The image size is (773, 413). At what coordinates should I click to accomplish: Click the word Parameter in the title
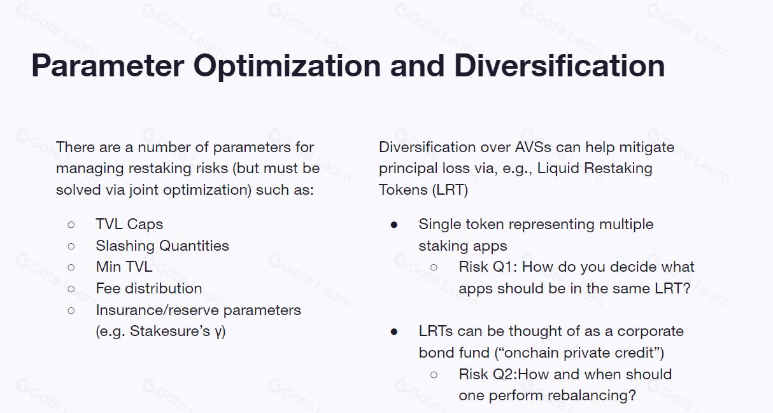coord(108,66)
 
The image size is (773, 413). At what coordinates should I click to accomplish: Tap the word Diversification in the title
coord(560,66)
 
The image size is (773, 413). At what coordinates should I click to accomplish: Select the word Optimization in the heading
coord(287,67)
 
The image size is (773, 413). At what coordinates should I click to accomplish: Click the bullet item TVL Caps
coord(129,224)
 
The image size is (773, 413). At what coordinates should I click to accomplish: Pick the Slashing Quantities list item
coord(162,246)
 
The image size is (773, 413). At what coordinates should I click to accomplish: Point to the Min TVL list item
coord(124,267)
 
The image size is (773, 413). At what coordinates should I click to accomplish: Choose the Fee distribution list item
coord(149,288)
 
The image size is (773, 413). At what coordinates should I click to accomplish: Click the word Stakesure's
coord(169,331)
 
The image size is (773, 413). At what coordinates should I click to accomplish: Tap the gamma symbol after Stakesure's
coord(218,332)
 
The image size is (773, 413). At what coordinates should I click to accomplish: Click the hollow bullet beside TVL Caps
coord(71,225)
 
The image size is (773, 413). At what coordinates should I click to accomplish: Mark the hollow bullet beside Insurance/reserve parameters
coord(71,311)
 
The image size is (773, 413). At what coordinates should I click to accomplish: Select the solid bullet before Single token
coord(394,225)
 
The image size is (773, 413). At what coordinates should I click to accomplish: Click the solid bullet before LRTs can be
coord(394,332)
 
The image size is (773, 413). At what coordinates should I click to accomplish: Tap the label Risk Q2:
coord(488,374)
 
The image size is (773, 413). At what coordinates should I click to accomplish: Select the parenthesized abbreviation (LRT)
coord(450,190)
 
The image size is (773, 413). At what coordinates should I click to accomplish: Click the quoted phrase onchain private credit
coord(579,353)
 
